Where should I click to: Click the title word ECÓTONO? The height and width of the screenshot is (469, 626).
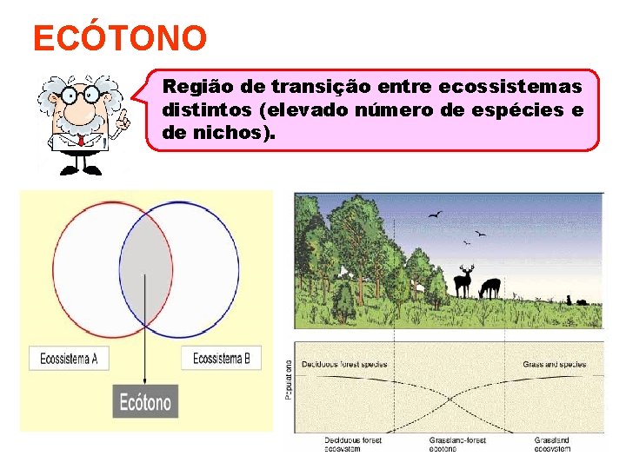(x=120, y=38)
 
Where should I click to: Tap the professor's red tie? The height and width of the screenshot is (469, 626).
(x=81, y=138)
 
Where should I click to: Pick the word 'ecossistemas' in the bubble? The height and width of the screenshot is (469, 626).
(x=510, y=87)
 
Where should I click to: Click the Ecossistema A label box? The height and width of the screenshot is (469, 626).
(x=69, y=358)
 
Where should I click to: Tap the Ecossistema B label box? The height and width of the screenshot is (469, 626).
(x=221, y=358)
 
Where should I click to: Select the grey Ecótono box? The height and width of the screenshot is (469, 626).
(x=145, y=402)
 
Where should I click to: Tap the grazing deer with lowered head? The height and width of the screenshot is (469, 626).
(x=490, y=287)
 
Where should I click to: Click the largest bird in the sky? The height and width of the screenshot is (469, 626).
(x=435, y=215)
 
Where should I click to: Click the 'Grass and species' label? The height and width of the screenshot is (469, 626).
(x=554, y=364)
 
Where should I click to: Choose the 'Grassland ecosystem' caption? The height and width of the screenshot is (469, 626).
(x=552, y=445)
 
